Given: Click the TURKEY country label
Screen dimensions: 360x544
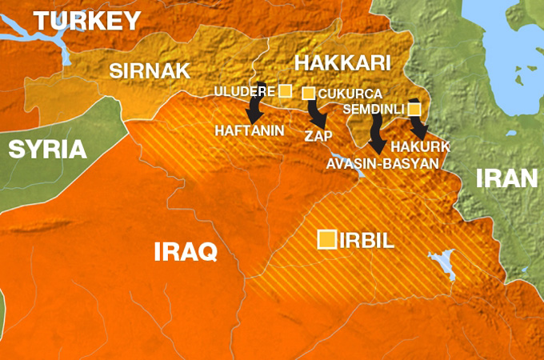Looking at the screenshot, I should pyautogui.click(x=86, y=21).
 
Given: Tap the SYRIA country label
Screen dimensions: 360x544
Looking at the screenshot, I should pyautogui.click(x=48, y=150).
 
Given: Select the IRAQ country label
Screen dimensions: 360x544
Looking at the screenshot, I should pyautogui.click(x=186, y=253).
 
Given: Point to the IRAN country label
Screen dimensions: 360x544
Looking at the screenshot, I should pyautogui.click(x=506, y=178).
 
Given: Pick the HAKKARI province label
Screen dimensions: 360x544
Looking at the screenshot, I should pyautogui.click(x=342, y=62).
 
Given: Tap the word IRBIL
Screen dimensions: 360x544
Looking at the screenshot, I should pyautogui.click(x=368, y=240).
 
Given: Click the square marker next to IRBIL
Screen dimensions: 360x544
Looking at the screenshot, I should pyautogui.click(x=327, y=240).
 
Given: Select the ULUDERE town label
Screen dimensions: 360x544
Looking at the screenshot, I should pyautogui.click(x=244, y=91).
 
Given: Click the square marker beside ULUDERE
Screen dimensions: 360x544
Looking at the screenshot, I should pyautogui.click(x=286, y=90).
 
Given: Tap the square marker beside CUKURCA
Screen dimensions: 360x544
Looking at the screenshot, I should pyautogui.click(x=309, y=94).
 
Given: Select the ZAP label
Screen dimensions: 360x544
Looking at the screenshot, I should pyautogui.click(x=318, y=136).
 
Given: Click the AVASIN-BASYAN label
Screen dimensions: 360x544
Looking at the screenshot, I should pyautogui.click(x=382, y=162).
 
